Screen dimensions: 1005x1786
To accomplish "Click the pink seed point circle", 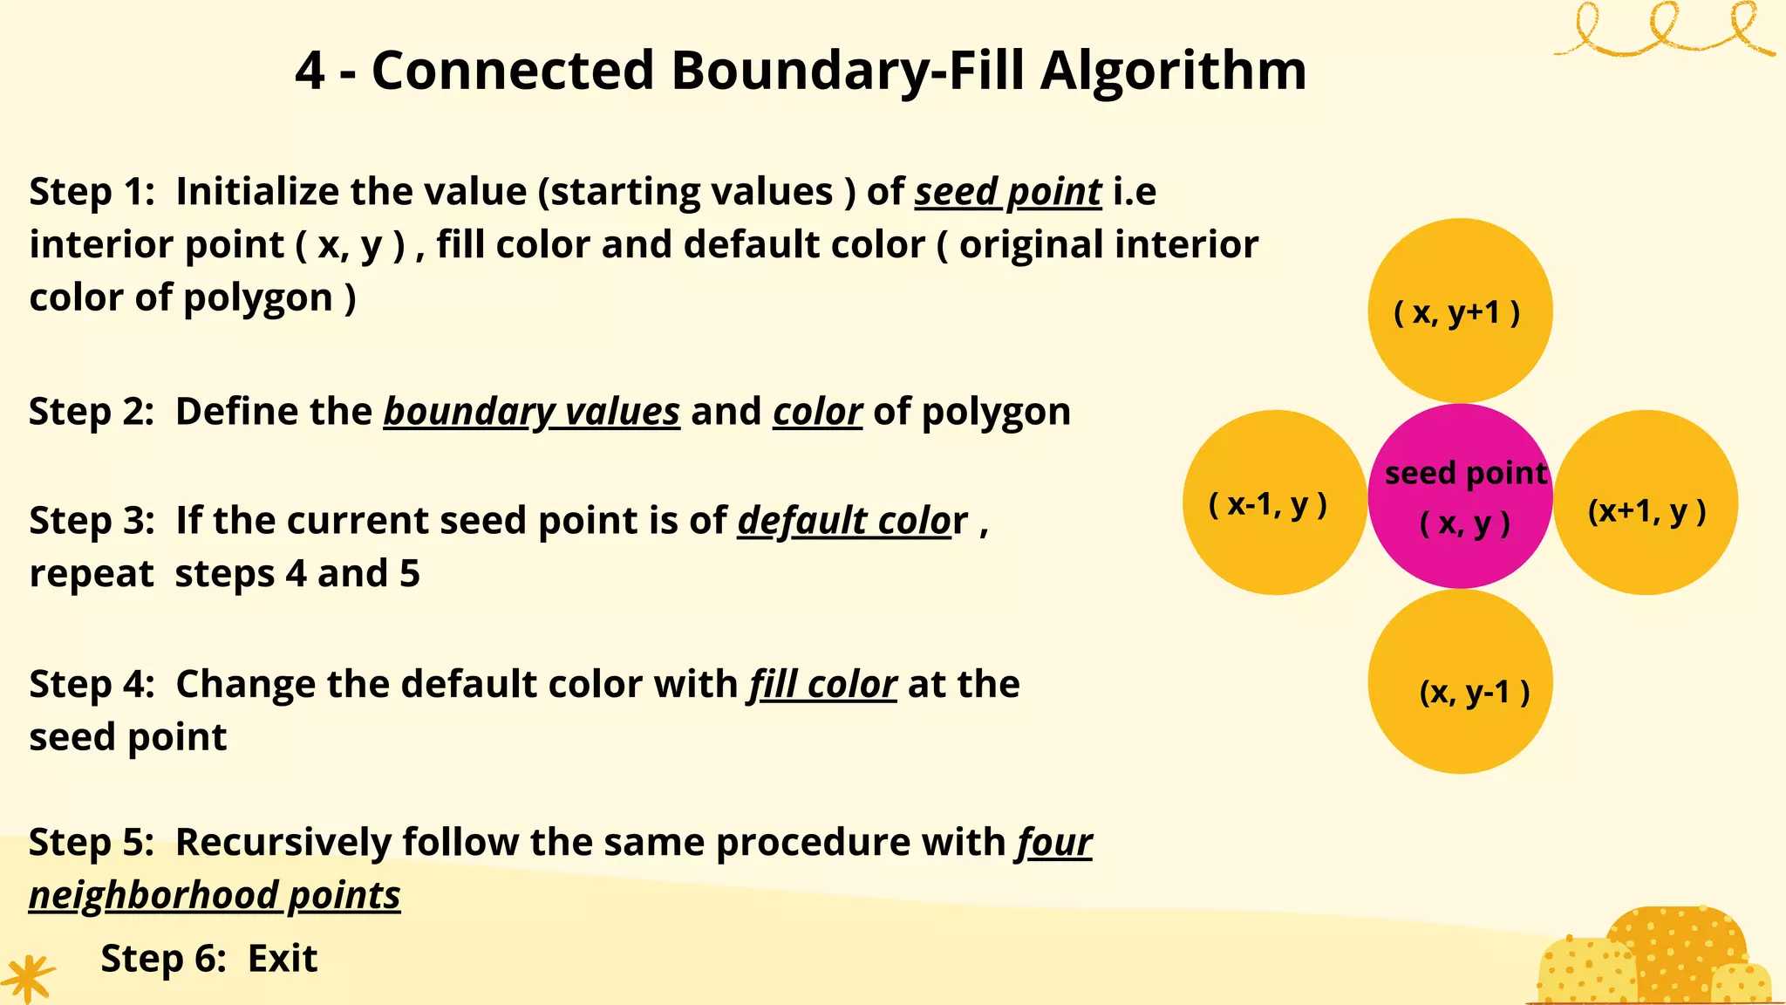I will point(1460,496).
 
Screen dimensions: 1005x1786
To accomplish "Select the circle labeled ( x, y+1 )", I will point(1460,311).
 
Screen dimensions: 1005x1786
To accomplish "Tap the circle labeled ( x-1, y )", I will point(1274,502).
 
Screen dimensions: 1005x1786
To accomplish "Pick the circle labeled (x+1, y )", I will point(1646,502).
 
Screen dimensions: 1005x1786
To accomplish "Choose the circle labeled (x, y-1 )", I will point(1460,681).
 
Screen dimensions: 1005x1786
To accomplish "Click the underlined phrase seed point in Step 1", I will point(1008,192).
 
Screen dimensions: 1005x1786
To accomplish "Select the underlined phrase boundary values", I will point(531,412).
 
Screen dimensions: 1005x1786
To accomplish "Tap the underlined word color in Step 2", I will point(817,412).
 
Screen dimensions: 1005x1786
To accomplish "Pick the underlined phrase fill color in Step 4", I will point(822,684).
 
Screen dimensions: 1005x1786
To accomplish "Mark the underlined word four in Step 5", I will point(1053,843).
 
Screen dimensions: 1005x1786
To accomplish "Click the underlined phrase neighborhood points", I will point(215,896).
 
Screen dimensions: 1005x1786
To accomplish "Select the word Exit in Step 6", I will point(283,959).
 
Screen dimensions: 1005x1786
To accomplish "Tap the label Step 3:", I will point(92,521).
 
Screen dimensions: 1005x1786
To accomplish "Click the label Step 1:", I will point(92,192).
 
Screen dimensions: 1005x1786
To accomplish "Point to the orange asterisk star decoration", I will point(28,978).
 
